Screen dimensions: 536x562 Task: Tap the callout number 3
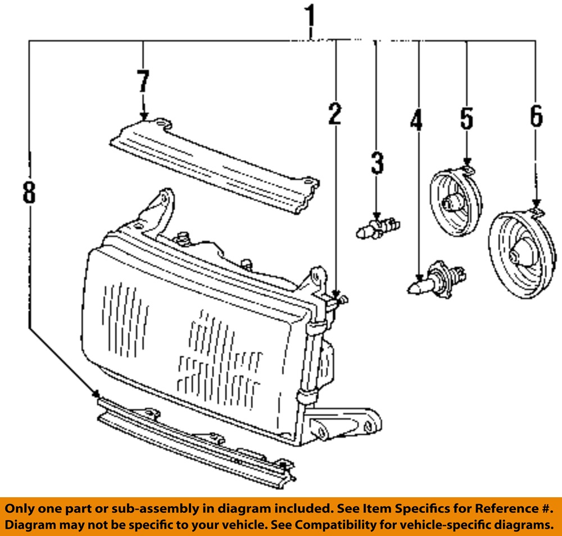click(377, 163)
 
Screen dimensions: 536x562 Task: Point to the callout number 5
click(466, 118)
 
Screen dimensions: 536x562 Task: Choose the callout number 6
click(536, 117)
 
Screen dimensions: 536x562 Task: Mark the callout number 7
click(143, 81)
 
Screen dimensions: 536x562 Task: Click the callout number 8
click(29, 193)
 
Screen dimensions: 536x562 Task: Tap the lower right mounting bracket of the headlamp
click(346, 424)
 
